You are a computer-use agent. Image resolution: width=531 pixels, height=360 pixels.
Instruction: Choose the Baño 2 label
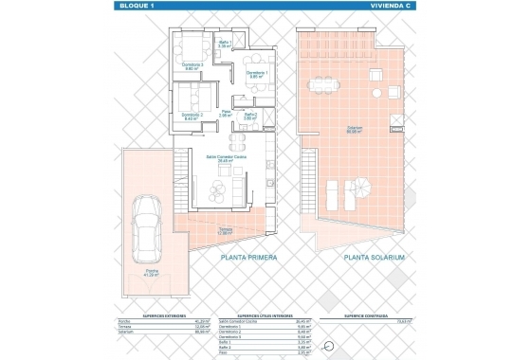tap(250, 117)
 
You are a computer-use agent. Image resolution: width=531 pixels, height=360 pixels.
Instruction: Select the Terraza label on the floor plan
tap(251, 230)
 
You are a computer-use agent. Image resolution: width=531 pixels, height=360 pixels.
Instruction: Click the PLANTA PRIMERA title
tap(247, 258)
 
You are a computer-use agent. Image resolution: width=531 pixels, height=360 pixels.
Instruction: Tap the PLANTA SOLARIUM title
tap(375, 258)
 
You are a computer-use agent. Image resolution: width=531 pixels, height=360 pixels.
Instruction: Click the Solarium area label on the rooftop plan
tap(354, 130)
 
